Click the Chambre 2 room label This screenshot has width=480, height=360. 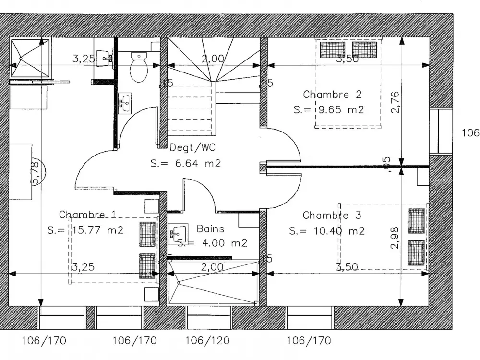(x=332, y=95)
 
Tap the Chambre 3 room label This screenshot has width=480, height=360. (x=332, y=216)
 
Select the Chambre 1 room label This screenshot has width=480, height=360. (x=87, y=215)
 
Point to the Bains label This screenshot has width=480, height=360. (x=210, y=229)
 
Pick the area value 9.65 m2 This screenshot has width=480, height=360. (x=340, y=109)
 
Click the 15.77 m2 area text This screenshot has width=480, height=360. (x=98, y=230)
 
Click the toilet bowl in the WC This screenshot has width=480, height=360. (x=139, y=68)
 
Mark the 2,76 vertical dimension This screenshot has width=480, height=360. (x=395, y=101)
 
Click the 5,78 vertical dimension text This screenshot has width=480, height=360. (x=35, y=172)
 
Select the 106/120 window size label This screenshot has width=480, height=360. (x=207, y=341)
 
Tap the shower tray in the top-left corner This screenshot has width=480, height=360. (x=30, y=58)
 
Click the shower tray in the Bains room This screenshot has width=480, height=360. (x=213, y=283)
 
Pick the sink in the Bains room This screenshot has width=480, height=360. (x=178, y=233)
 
